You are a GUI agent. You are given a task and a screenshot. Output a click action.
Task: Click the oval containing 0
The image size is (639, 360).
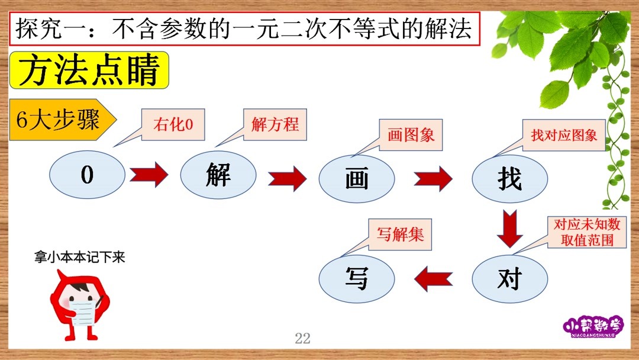(87, 175)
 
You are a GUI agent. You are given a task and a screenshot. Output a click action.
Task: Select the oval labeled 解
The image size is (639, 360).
(218, 175)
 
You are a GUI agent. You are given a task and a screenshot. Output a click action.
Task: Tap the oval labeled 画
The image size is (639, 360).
(357, 178)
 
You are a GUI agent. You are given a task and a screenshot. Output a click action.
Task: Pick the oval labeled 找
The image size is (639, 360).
(509, 178)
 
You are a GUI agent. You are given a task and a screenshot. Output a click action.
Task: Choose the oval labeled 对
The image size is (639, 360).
(509, 278)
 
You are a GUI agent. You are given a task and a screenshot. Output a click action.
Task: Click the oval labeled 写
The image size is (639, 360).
(357, 278)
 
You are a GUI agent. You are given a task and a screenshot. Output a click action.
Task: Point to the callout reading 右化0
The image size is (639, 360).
(173, 125)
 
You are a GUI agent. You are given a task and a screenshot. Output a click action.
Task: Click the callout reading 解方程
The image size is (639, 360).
(275, 124)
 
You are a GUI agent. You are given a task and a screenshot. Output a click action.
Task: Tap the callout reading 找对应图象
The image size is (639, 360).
(564, 134)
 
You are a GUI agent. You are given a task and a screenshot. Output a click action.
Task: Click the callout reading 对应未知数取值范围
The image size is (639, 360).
(586, 232)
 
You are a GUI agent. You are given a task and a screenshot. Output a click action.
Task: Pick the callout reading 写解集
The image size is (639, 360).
(400, 234)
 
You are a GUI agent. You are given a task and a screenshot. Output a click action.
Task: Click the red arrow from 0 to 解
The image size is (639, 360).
(149, 175)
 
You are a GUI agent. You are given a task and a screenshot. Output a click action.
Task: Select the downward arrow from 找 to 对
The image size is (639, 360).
(509, 228)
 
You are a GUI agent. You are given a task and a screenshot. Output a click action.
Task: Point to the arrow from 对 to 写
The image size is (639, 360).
(433, 278)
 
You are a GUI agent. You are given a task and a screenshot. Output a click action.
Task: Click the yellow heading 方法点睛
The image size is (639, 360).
(89, 70)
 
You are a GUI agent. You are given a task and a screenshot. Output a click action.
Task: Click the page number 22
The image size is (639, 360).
(302, 338)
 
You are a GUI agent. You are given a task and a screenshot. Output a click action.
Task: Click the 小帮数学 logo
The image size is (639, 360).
(593, 327)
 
